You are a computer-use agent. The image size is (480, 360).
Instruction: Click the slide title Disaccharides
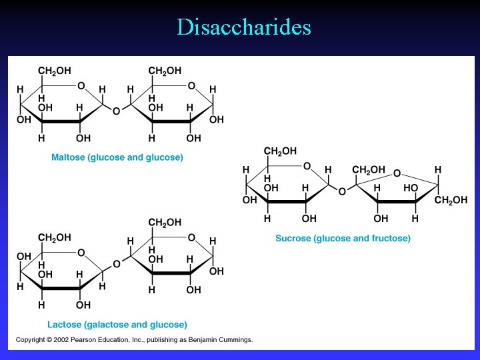[x=243, y=27]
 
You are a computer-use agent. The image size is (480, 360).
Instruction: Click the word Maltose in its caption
[x=68, y=158]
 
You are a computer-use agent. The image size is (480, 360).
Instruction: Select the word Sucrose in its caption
[x=294, y=238]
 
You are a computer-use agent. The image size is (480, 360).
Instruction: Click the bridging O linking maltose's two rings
[x=116, y=111]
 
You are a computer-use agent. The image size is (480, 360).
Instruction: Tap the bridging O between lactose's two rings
[x=116, y=265]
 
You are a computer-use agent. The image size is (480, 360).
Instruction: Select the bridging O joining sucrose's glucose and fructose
[x=342, y=191]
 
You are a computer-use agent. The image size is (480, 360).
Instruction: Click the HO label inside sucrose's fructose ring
[x=410, y=189]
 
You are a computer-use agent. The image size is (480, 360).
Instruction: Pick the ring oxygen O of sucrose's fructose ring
[x=397, y=173]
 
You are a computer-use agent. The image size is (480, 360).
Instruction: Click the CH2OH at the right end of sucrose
[x=451, y=200]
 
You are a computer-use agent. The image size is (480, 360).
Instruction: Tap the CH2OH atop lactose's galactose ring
[x=55, y=237]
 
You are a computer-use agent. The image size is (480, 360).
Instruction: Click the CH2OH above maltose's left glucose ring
[x=55, y=71]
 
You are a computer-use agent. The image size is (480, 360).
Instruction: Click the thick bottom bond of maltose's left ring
[x=63, y=121]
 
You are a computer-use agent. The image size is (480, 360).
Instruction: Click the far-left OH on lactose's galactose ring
[x=24, y=256]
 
